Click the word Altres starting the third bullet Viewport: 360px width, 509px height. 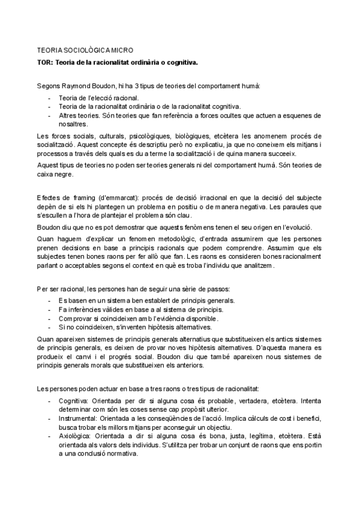pyautogui.click(x=69, y=115)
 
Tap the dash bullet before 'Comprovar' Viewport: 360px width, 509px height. pyautogui.click(x=48, y=318)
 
